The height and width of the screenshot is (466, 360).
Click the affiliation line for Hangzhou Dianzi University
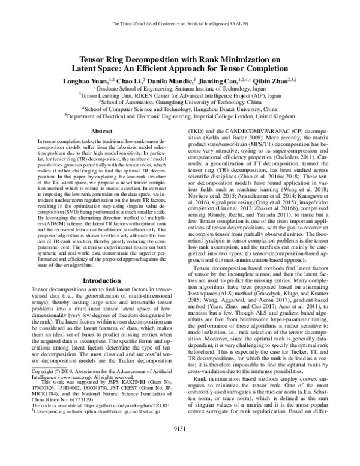(x=180, y=110)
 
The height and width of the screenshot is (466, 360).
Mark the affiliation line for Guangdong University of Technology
(x=180, y=102)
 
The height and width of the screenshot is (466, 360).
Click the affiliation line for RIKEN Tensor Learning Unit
(x=180, y=94)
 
